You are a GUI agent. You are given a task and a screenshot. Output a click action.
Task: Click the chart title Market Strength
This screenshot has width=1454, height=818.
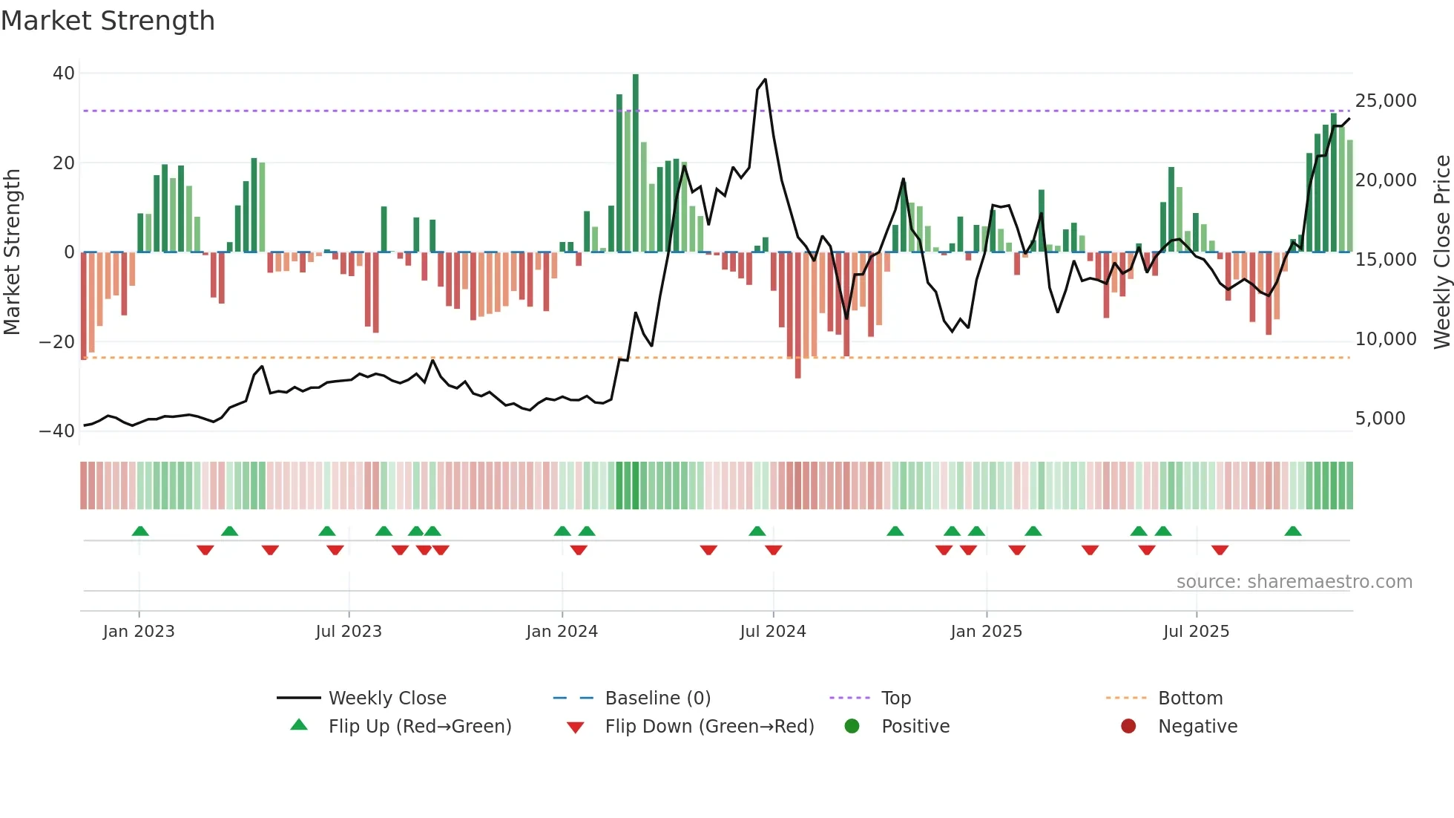[x=108, y=21]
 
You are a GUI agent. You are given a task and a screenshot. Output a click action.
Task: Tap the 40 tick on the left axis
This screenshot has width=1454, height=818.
[x=64, y=73]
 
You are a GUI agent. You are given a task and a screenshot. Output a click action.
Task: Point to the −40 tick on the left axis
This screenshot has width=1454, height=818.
[x=57, y=431]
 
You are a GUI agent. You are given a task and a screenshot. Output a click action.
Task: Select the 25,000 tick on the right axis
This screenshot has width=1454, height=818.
[x=1385, y=101]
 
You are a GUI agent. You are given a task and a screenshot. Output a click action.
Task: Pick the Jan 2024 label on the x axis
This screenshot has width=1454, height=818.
[x=562, y=632]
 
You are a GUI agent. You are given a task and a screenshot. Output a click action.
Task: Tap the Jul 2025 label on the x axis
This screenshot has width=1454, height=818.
[x=1196, y=632]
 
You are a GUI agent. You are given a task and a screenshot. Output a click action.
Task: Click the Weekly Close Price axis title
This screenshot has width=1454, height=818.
[x=1441, y=252]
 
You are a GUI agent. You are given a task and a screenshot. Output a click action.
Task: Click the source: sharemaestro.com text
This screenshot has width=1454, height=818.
[x=1294, y=582]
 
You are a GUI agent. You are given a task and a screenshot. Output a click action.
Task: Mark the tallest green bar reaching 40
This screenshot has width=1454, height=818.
[x=636, y=163]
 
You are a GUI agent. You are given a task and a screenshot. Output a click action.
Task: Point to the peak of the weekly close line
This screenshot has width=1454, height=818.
[x=765, y=79]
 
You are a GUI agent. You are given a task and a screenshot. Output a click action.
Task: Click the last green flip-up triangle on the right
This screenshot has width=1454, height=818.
[x=1293, y=531]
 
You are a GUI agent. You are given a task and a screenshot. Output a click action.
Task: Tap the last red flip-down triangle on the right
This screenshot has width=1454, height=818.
[x=1220, y=550]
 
